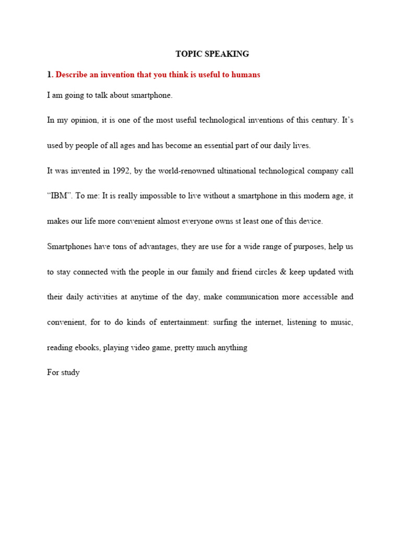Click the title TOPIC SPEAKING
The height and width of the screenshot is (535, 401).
pyautogui.click(x=211, y=54)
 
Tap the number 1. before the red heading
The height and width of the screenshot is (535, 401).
pyautogui.click(x=50, y=75)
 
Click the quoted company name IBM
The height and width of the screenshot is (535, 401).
pyautogui.click(x=59, y=196)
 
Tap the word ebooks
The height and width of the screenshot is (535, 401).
pyautogui.click(x=86, y=347)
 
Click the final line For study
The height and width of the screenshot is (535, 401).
pyautogui.click(x=63, y=373)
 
